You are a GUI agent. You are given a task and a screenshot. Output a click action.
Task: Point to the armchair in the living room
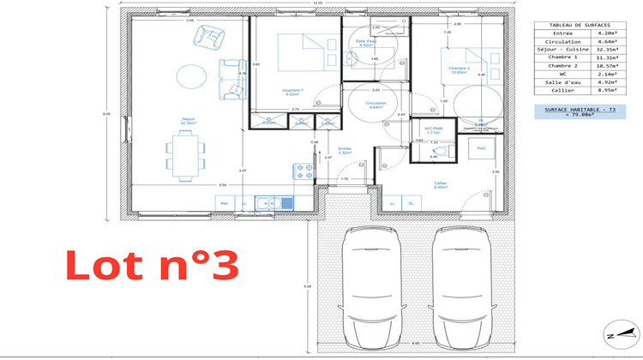tap(206, 36)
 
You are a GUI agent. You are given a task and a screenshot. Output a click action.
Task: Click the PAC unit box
tap(481, 147)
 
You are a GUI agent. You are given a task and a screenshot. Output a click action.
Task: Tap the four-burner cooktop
tap(302, 170)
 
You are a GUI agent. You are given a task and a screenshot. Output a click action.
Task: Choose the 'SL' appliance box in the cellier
tap(412, 203)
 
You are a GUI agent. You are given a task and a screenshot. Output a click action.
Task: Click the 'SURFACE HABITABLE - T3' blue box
tap(574, 112)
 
